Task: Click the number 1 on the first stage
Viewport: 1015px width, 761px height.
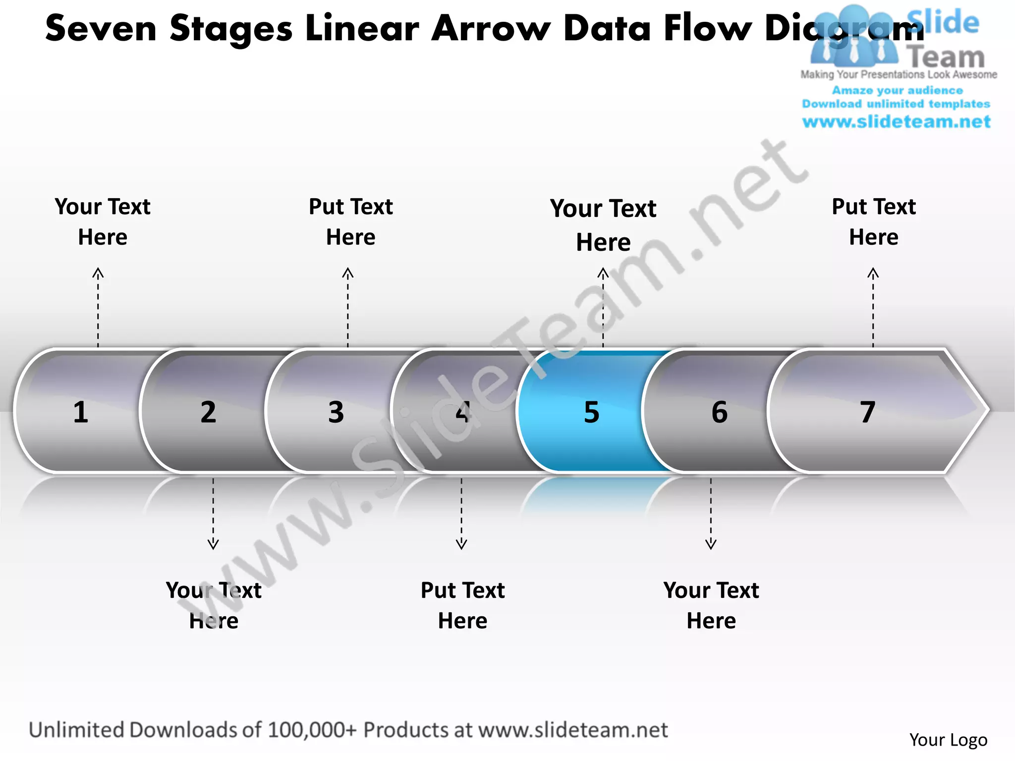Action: [x=81, y=412]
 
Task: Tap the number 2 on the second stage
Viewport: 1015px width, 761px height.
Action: [x=208, y=412]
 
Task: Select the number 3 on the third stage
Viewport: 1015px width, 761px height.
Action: [x=336, y=412]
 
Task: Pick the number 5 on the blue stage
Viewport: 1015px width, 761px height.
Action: [x=592, y=412]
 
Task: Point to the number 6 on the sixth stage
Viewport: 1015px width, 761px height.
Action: [x=720, y=412]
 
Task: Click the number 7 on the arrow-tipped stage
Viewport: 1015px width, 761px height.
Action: [x=867, y=412]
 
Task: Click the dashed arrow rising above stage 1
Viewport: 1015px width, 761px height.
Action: [x=98, y=307]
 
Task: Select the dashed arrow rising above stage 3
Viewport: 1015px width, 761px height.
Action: [x=348, y=307]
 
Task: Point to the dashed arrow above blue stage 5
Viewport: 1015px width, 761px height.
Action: [x=603, y=307]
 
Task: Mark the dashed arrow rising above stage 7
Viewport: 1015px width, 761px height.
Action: [x=873, y=307]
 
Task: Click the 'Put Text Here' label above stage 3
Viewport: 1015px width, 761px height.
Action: [x=351, y=221]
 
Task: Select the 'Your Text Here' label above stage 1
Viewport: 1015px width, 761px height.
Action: [x=103, y=221]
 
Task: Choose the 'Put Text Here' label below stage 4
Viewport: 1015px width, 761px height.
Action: [x=462, y=605]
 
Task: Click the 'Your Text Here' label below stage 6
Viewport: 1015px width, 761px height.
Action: [x=711, y=605]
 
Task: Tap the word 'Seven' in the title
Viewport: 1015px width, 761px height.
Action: [x=101, y=29]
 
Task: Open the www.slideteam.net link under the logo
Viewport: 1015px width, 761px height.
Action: [x=897, y=122]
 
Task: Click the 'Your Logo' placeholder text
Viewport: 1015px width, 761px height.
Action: [x=948, y=740]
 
